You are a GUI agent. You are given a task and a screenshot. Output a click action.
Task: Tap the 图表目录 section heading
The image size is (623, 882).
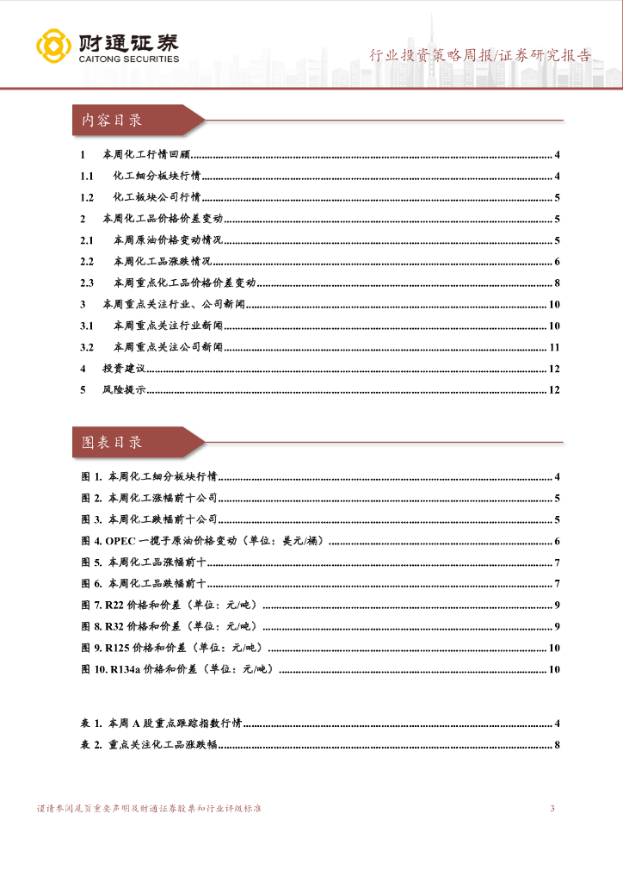pos(112,443)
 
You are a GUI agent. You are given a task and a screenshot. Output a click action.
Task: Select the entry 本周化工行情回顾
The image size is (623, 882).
pos(145,155)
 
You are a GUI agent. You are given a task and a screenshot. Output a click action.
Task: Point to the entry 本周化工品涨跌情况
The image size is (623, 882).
pos(162,262)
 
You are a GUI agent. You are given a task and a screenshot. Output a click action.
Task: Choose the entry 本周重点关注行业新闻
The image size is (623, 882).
pos(167,326)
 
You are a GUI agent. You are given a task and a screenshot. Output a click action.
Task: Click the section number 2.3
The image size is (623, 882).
pos(87,283)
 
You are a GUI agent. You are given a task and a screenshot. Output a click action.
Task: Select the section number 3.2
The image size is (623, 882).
pos(87,347)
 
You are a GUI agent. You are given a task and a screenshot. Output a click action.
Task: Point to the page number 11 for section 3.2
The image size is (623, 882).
pos(554,347)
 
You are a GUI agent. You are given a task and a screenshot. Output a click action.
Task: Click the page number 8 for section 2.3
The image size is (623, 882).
pos(558,283)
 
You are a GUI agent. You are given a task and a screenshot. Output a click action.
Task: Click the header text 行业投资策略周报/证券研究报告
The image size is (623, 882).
pos(480,56)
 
